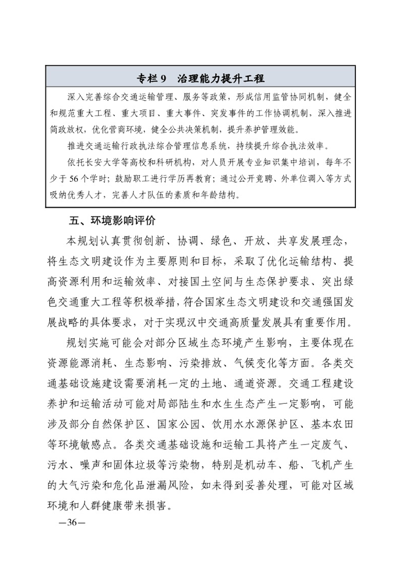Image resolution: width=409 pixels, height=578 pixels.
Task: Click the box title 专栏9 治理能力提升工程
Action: (x=201, y=78)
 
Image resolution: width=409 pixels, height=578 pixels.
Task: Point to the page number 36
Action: (x=68, y=522)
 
